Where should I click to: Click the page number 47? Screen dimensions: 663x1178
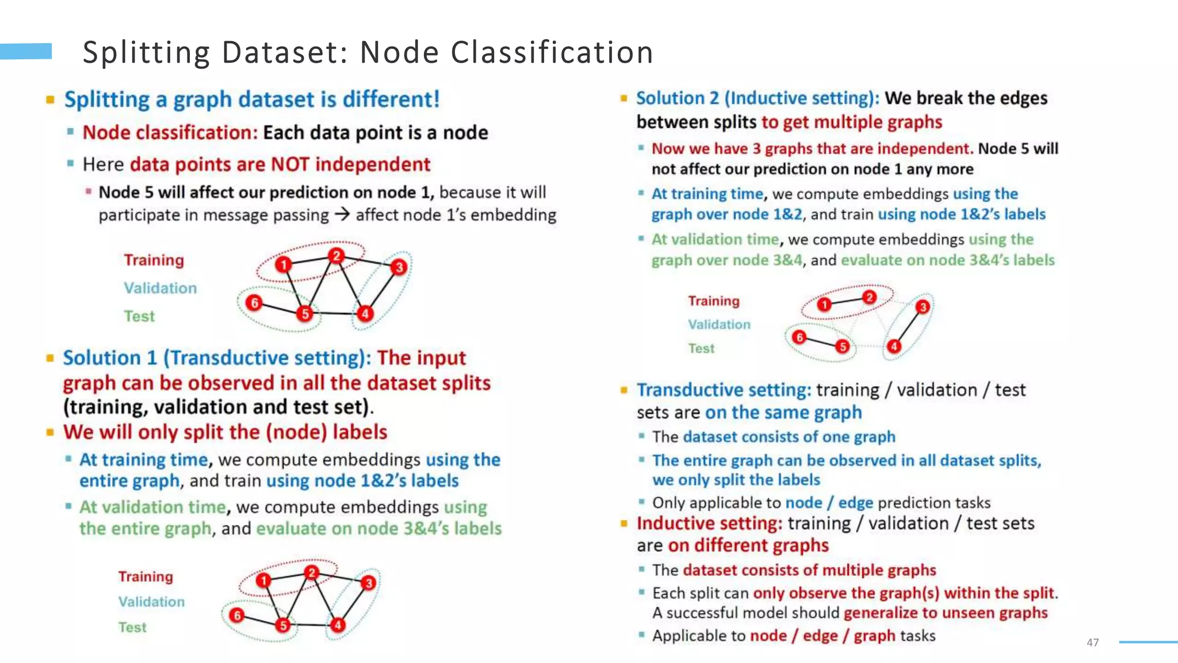1092,642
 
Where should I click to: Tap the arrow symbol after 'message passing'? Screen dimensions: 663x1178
342,215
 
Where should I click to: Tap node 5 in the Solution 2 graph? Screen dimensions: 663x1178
843,346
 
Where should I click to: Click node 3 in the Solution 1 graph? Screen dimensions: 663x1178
369,583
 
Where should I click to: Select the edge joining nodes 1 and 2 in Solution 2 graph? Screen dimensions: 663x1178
847,300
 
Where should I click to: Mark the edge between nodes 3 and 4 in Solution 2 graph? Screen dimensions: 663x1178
908,327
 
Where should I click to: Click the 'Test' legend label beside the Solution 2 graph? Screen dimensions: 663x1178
701,348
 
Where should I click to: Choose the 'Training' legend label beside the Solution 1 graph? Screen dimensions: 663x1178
146,577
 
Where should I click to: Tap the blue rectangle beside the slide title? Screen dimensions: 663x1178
26,51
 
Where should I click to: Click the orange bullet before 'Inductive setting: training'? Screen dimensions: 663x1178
624,524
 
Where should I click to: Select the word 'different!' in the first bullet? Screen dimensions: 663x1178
391,100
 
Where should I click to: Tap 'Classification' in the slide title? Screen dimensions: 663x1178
552,52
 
